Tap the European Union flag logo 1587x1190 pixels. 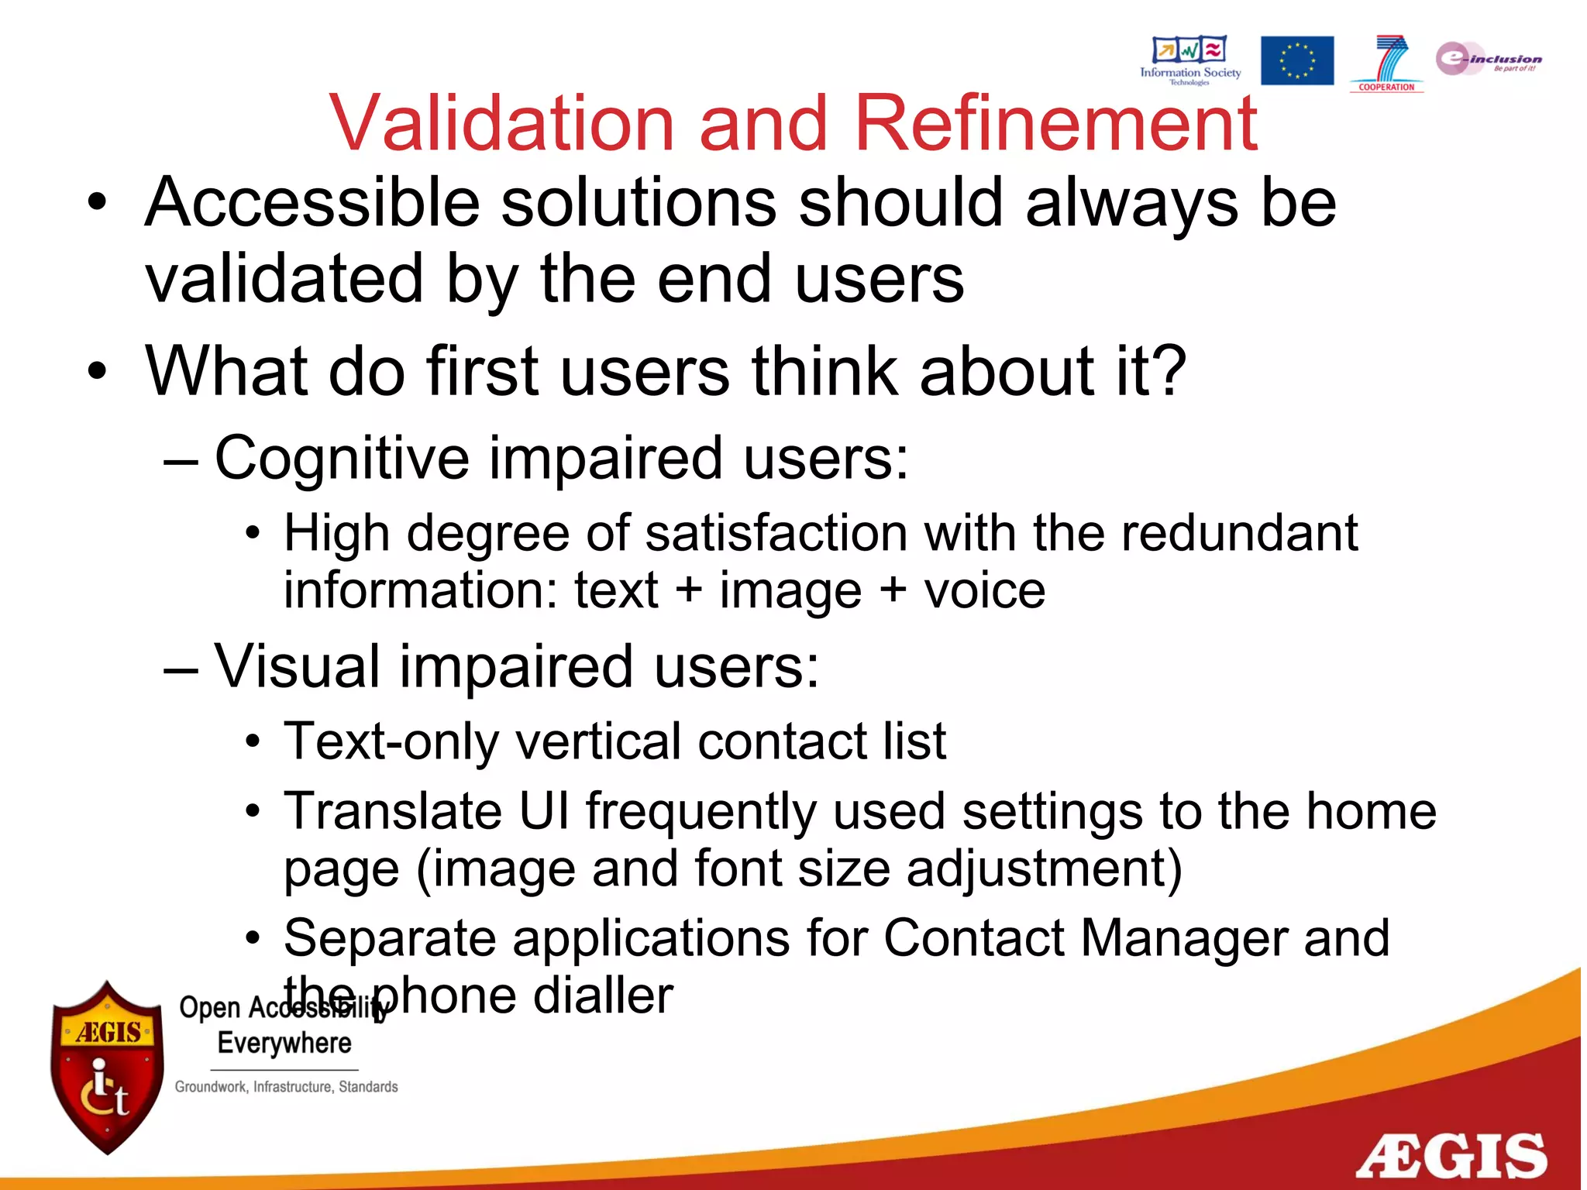1296,60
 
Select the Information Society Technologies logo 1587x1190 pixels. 1189,59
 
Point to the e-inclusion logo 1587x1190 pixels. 1488,59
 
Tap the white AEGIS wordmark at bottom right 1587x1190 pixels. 1451,1157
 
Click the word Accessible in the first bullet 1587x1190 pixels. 312,203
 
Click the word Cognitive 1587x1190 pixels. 341,459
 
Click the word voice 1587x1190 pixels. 984,591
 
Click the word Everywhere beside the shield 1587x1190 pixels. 284,1044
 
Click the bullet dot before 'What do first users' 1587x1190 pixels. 96,371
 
